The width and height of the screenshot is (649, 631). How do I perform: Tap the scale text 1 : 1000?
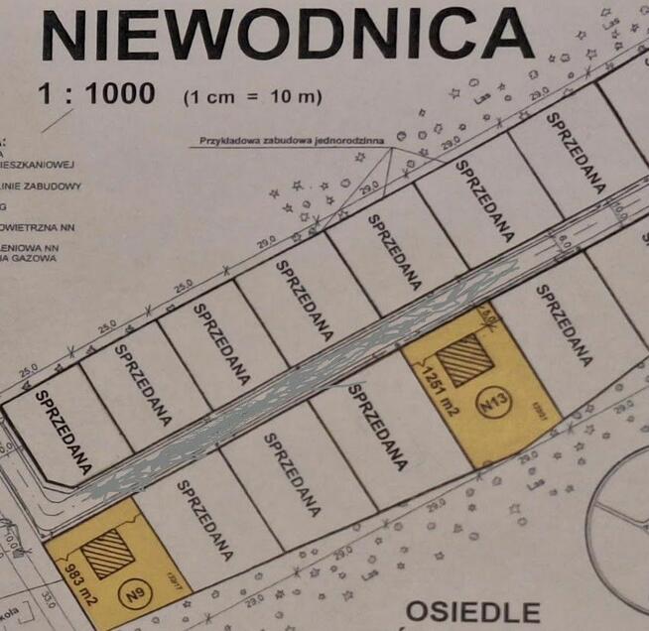(x=96, y=94)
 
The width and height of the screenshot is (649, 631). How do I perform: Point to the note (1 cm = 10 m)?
(x=253, y=97)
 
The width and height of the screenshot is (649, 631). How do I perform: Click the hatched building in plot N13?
(x=463, y=359)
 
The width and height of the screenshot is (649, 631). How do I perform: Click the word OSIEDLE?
(x=473, y=611)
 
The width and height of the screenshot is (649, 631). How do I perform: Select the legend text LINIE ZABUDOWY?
(x=42, y=186)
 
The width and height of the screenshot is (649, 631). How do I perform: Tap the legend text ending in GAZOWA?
(x=30, y=258)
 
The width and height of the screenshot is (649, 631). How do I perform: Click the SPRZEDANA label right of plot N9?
(x=204, y=518)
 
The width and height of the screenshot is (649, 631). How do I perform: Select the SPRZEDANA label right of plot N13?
(x=564, y=324)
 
